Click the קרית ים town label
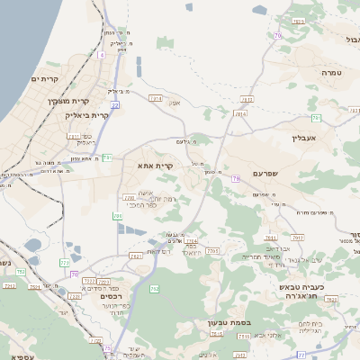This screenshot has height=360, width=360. click(x=44, y=80)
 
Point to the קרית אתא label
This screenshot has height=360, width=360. click(x=155, y=166)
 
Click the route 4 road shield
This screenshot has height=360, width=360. click(x=102, y=55)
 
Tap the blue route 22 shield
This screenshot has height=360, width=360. click(x=115, y=105)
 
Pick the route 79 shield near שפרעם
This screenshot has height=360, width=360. click(x=236, y=179)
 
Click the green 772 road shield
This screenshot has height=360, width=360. click(x=64, y=263)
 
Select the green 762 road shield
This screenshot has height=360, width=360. click(x=154, y=289)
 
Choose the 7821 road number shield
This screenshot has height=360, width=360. click(x=136, y=256)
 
